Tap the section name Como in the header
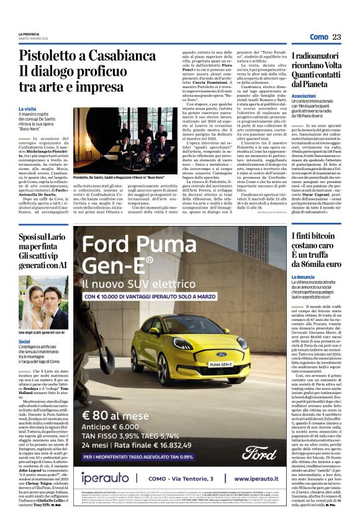coord(318,37)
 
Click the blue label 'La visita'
coord(28,109)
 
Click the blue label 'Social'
coord(24,341)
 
